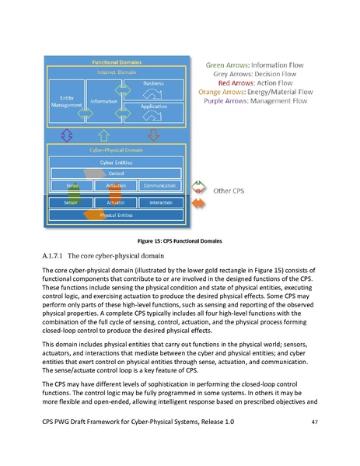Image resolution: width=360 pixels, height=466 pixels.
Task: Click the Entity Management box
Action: pyautogui.click(x=66, y=101)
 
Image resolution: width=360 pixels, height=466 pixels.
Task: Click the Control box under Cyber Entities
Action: pyautogui.click(x=117, y=173)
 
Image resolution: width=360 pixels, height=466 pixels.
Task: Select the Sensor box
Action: pyautogui.click(x=72, y=202)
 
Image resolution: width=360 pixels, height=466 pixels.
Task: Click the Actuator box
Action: pyautogui.click(x=117, y=202)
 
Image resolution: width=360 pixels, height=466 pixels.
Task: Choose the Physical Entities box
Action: pyautogui.click(x=117, y=215)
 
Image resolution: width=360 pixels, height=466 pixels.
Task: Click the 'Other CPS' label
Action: pyautogui.click(x=229, y=190)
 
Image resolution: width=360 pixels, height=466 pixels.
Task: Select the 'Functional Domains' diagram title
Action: pyautogui.click(x=117, y=61)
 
